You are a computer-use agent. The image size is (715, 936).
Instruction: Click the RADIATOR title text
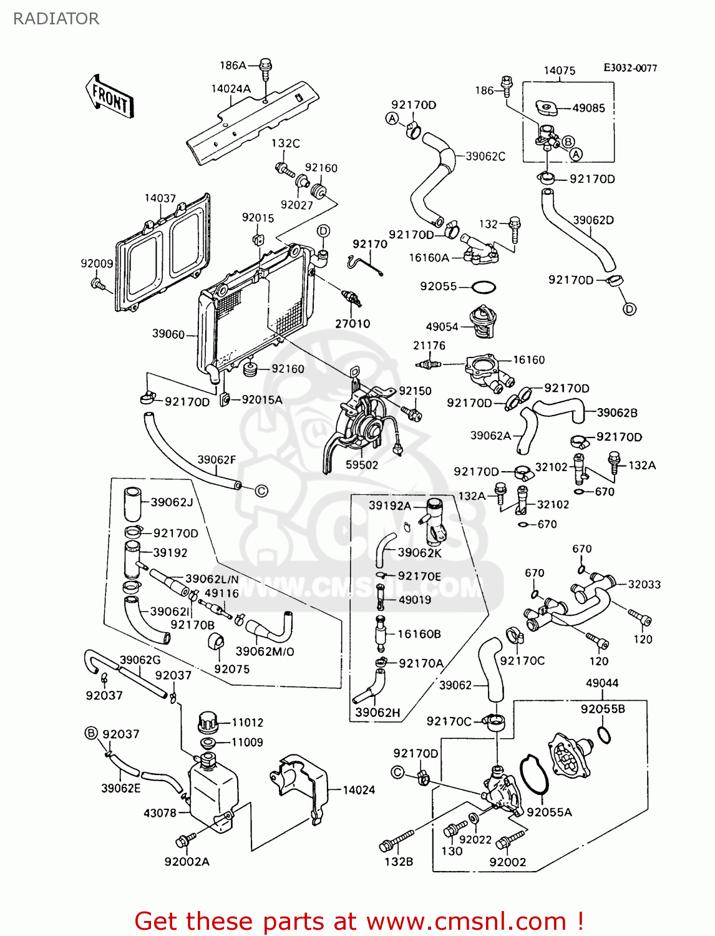(x=56, y=19)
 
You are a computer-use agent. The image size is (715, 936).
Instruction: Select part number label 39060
(x=168, y=334)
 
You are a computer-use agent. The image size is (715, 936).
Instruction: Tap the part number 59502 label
(x=362, y=465)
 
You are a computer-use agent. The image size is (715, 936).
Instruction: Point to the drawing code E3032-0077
(x=630, y=68)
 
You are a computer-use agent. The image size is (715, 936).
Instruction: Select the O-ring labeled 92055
(x=484, y=287)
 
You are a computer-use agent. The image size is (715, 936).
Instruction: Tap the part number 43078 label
(x=160, y=813)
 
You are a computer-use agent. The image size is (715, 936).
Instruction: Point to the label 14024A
(x=231, y=89)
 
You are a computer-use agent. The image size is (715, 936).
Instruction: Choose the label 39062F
(x=216, y=460)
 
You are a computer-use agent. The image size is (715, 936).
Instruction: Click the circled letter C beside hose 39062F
(x=262, y=491)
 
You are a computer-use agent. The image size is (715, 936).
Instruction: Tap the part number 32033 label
(x=644, y=585)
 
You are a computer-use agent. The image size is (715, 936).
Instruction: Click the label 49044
(x=602, y=683)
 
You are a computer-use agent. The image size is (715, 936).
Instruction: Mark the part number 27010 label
(x=353, y=324)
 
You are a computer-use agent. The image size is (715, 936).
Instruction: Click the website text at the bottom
(x=359, y=922)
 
